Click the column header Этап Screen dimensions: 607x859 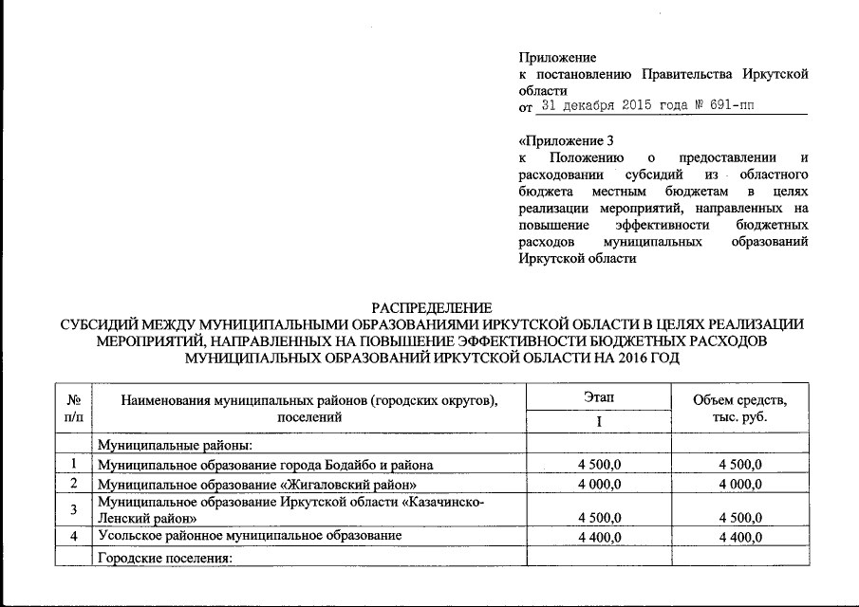click(x=599, y=396)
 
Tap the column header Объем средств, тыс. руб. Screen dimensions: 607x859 click(x=741, y=408)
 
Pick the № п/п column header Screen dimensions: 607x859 click(x=72, y=408)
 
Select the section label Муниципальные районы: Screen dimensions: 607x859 click(x=175, y=444)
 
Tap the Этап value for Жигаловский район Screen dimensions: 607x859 click(x=599, y=484)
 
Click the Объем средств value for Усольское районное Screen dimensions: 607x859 click(x=741, y=537)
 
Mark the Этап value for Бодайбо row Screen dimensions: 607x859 click(x=599, y=464)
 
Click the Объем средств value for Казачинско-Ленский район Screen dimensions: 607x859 click(x=741, y=518)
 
